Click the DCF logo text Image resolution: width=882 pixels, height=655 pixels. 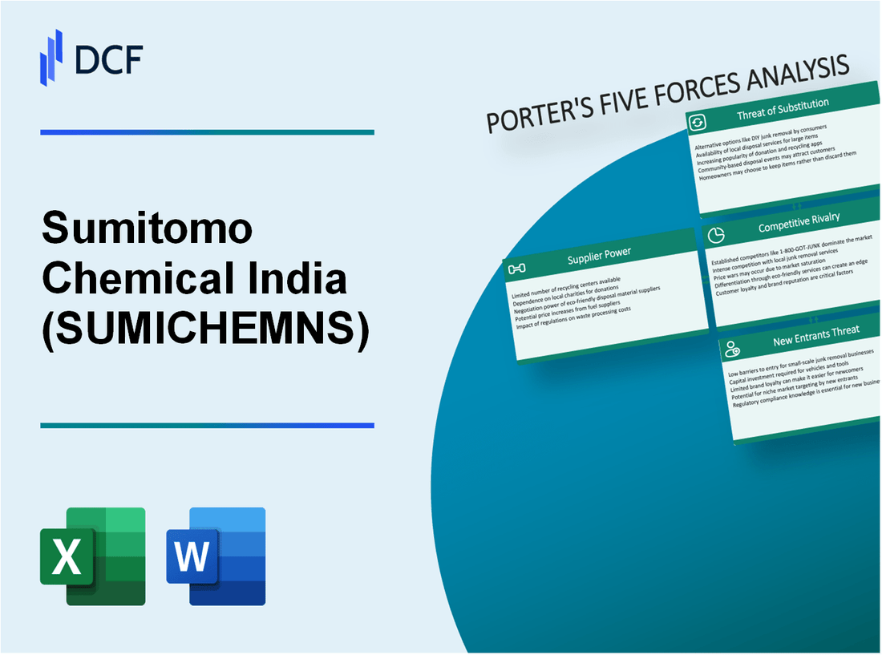click(x=107, y=59)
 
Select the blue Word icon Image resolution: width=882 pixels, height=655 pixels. click(x=216, y=556)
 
